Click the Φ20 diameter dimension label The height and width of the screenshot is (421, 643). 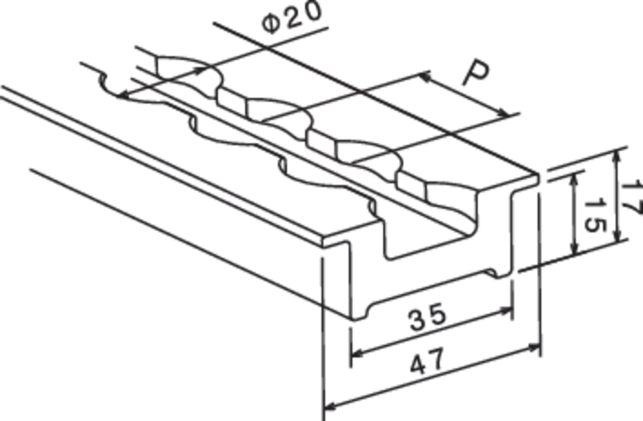click(292, 17)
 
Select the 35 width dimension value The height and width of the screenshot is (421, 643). click(427, 317)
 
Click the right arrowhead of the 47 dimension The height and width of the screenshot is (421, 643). click(534, 348)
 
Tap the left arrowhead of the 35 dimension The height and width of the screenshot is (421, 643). click(358, 352)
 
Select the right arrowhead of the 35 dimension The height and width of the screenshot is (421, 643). click(506, 310)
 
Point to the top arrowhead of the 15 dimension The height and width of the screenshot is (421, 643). click(575, 180)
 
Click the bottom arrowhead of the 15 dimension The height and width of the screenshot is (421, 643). click(575, 248)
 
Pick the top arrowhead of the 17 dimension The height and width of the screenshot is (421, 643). click(617, 157)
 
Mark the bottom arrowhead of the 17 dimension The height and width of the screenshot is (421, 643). click(618, 235)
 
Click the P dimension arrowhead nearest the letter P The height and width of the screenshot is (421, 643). click(427, 76)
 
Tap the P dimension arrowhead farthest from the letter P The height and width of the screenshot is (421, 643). click(503, 113)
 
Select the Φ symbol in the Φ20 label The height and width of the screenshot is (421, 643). click(271, 24)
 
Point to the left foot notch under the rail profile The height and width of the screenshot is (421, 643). click(360, 313)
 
